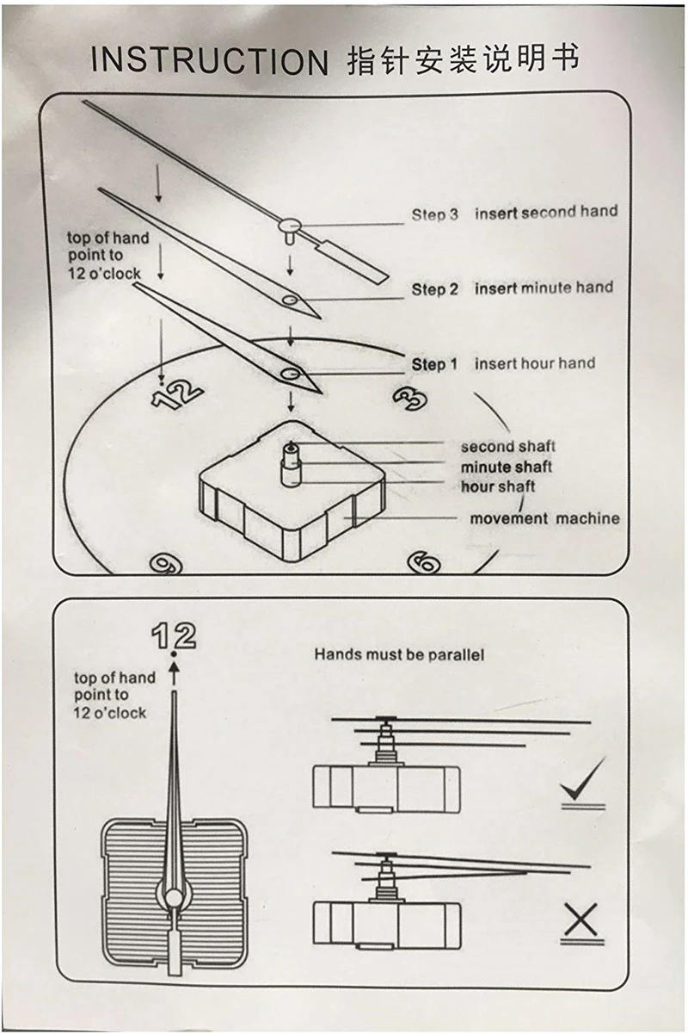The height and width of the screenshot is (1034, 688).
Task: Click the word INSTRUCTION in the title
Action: [x=209, y=61]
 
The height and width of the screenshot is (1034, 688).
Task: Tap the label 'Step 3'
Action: [x=434, y=214]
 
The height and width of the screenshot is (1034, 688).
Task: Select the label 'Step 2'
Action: [x=434, y=289]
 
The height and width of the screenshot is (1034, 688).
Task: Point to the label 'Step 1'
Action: [x=434, y=364]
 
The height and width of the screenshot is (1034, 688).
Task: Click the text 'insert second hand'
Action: [x=546, y=212]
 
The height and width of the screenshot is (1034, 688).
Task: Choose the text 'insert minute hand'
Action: [x=544, y=288]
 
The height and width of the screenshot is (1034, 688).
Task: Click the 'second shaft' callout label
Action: [x=507, y=447]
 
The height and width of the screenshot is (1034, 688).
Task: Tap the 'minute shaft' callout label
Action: [x=506, y=467]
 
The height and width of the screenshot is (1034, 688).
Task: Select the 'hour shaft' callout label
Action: [x=497, y=486]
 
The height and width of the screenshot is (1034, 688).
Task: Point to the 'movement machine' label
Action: [x=544, y=518]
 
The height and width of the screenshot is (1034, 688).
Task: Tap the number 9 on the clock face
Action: [x=161, y=563]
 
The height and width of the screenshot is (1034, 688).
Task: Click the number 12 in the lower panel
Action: [x=174, y=636]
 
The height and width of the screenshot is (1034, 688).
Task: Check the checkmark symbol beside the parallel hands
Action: [x=582, y=783]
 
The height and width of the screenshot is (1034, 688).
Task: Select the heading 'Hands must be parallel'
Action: [x=399, y=655]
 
